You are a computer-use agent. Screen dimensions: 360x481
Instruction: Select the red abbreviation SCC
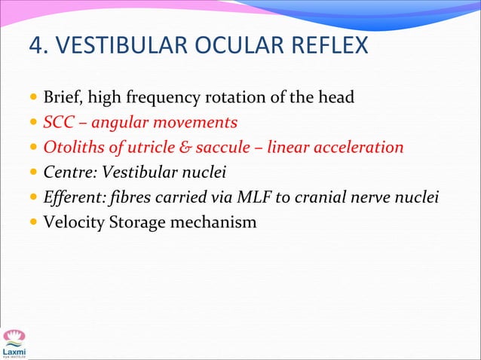point(57,123)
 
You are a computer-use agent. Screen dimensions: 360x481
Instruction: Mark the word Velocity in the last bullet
point(74,224)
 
